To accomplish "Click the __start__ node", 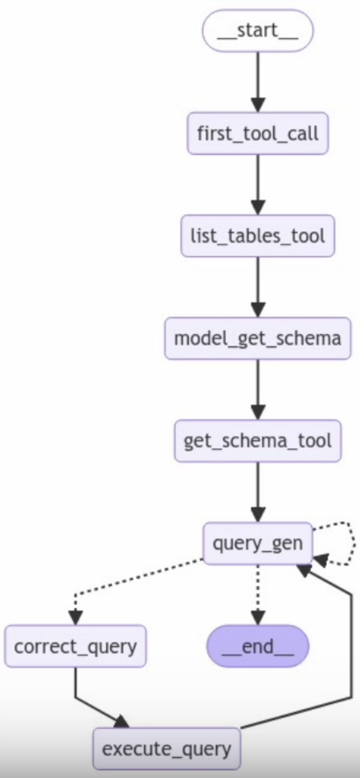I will point(258,30).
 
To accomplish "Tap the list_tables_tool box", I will point(258,236).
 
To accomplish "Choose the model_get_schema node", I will point(258,338).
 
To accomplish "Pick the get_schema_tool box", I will point(258,441).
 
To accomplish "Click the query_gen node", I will point(258,543).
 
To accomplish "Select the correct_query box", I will point(76,646).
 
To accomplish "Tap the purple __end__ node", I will point(258,646).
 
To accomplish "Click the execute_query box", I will point(166,748).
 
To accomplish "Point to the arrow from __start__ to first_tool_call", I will point(258,80).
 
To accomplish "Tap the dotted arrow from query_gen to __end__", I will point(258,591).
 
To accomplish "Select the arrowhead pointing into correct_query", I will point(76,617).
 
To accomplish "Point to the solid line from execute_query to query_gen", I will point(348,653).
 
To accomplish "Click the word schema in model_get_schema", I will point(311,338).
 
